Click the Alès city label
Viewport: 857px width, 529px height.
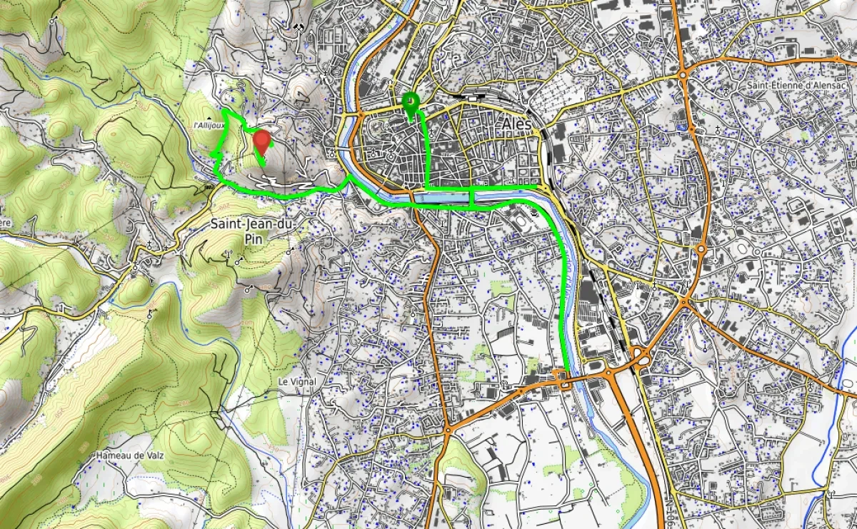click(x=517, y=124)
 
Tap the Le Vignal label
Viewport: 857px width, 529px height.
click(x=296, y=382)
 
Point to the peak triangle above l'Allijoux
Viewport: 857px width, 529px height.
click(x=208, y=117)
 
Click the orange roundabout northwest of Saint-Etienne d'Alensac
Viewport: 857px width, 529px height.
click(x=683, y=74)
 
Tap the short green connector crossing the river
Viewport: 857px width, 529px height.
click(x=471, y=198)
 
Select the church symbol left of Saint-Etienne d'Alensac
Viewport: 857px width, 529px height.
click(x=718, y=131)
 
